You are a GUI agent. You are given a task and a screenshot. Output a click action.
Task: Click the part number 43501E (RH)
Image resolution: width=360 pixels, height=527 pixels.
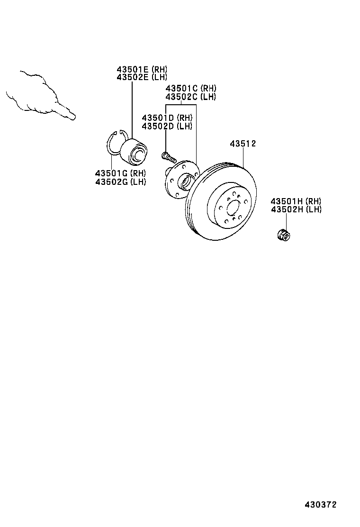tap(142, 69)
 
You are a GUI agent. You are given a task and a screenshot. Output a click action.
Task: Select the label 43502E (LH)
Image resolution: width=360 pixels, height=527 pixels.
tap(142, 77)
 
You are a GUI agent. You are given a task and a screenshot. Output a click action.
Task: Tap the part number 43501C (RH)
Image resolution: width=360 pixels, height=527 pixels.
tap(190, 89)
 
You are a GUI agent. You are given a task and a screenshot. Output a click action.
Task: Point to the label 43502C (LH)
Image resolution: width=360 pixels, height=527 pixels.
tap(190, 97)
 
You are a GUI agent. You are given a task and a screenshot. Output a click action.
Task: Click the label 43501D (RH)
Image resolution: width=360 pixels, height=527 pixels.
tap(167, 118)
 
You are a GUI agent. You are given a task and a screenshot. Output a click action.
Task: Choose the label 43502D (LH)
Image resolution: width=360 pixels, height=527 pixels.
tap(167, 126)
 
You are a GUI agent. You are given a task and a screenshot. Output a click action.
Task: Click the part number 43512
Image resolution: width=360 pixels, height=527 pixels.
tap(243, 144)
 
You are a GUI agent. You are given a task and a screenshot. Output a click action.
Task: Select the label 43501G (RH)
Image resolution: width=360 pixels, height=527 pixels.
tap(120, 173)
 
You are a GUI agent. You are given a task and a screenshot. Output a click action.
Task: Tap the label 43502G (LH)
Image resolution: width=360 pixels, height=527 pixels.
tap(120, 182)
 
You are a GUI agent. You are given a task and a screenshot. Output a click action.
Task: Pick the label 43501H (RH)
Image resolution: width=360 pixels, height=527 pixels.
tap(296, 202)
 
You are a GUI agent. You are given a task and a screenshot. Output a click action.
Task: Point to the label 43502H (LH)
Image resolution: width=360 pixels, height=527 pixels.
tap(296, 209)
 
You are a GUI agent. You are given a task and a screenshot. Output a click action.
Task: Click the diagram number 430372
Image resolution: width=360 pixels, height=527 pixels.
tap(320, 505)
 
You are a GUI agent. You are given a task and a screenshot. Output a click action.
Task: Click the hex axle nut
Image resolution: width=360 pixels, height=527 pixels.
tap(283, 234)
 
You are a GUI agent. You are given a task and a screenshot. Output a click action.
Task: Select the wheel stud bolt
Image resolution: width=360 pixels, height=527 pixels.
tap(168, 156)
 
